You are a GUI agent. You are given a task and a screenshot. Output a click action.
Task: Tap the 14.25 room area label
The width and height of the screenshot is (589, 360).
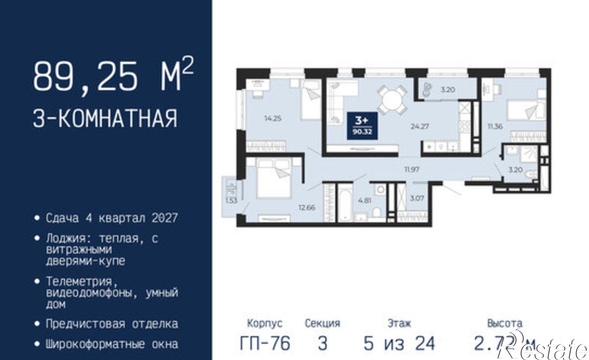[x=273, y=119]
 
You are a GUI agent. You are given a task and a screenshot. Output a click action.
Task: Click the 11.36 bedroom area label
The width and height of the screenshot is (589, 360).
[x=495, y=127]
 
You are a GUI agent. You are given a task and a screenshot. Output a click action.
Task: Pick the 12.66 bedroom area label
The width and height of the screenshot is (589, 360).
[x=307, y=207]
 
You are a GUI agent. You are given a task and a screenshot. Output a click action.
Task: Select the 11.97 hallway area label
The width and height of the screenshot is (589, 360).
[x=411, y=169]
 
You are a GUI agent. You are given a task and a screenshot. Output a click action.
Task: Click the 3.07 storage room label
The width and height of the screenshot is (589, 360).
[x=417, y=198]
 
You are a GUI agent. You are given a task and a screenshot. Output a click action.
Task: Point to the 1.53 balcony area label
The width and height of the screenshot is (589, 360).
[x=231, y=201]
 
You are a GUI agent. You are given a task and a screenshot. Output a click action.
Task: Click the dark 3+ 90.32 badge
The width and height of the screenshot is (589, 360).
[x=362, y=126]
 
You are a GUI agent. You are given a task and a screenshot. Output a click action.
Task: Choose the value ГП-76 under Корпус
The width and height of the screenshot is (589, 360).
[x=265, y=343]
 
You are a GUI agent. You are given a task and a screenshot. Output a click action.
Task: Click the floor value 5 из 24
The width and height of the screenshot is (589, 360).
[x=399, y=343]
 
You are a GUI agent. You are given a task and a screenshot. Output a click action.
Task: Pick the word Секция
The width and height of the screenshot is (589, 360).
[x=322, y=323]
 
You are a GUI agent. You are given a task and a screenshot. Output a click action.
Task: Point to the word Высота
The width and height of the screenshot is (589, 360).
[x=504, y=323]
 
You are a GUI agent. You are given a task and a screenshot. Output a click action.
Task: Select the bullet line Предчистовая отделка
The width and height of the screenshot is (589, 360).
[x=112, y=324]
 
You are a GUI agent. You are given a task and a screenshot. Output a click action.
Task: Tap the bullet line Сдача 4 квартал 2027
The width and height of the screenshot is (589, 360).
[x=112, y=218]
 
